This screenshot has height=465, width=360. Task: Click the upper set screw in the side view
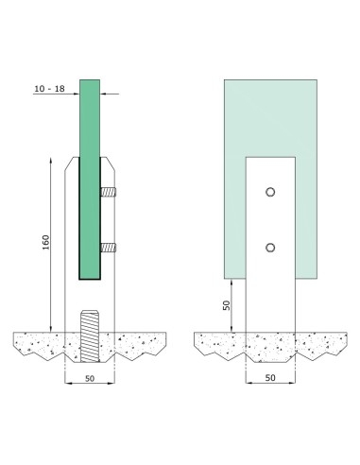[110, 194]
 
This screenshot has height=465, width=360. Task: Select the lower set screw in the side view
[110, 250]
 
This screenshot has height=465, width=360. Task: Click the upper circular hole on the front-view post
[271, 192]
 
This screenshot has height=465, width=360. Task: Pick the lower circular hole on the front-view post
[271, 248]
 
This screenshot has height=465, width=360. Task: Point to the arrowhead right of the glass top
[104, 93]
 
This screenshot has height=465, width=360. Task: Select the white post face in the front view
[271, 293]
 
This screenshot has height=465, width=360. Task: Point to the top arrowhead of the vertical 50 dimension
[236, 282]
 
